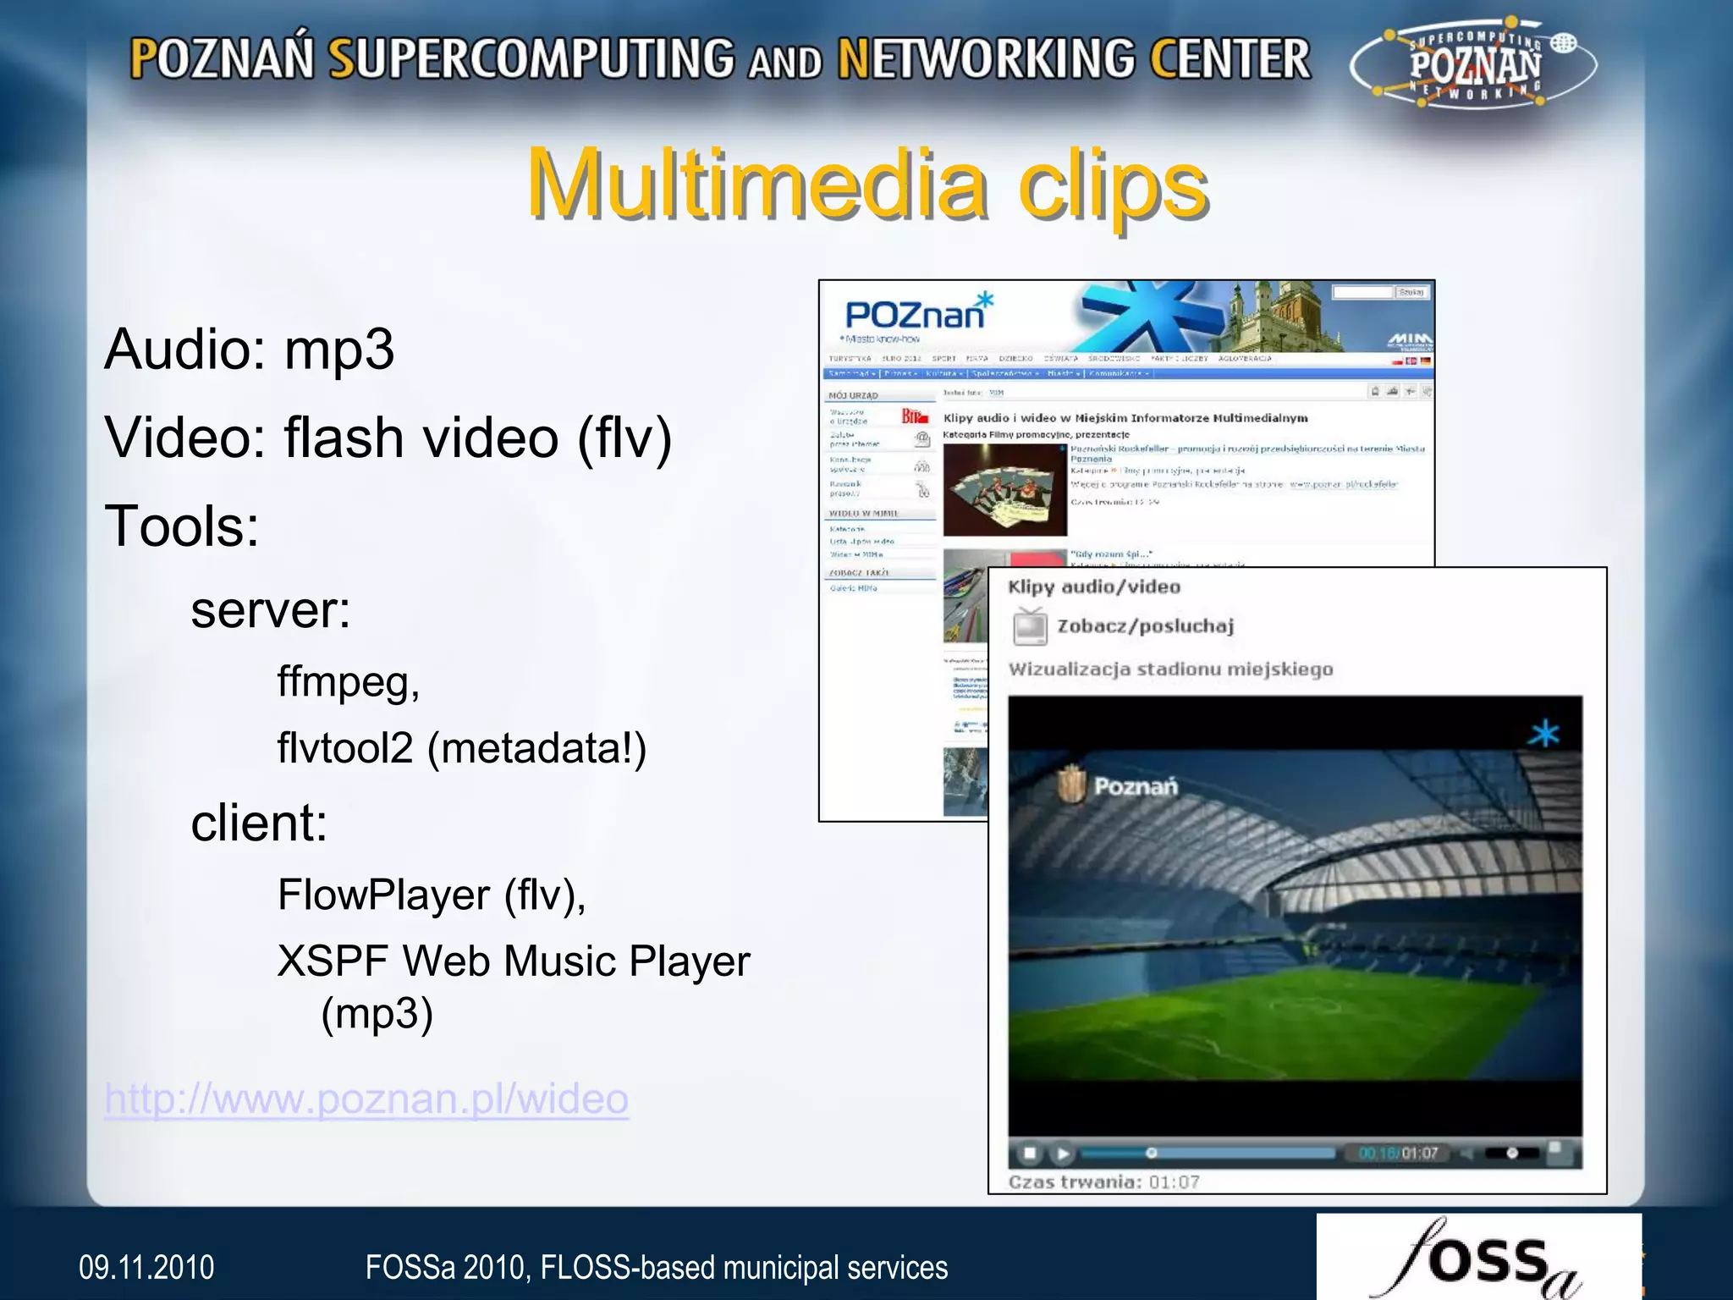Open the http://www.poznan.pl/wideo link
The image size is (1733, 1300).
[x=366, y=1099]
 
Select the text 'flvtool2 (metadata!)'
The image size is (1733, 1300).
[x=462, y=748]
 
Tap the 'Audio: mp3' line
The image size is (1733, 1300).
[x=249, y=349]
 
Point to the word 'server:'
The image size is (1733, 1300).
[x=271, y=609]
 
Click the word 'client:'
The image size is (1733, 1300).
[x=259, y=823]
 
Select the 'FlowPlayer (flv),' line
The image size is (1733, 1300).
[x=432, y=895]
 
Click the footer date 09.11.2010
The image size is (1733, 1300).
[x=146, y=1268]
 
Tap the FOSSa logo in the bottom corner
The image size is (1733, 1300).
[x=1478, y=1259]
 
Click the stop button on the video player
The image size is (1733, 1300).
[x=1030, y=1153]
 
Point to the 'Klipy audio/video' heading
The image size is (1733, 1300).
[x=1094, y=587]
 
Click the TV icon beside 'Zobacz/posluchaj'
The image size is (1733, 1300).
[x=1031, y=626]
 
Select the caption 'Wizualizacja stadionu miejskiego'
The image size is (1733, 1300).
[x=1170, y=669]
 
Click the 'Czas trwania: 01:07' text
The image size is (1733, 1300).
[x=1103, y=1182]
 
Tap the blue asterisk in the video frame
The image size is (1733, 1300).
[x=1543, y=733]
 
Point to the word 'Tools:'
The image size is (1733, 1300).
[x=182, y=526]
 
